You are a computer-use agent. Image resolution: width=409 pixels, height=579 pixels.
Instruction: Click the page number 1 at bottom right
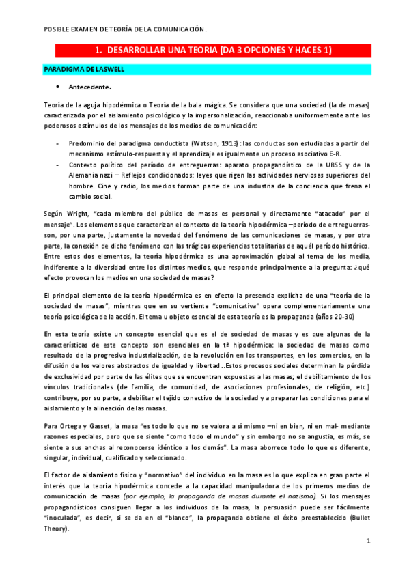point(368,541)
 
